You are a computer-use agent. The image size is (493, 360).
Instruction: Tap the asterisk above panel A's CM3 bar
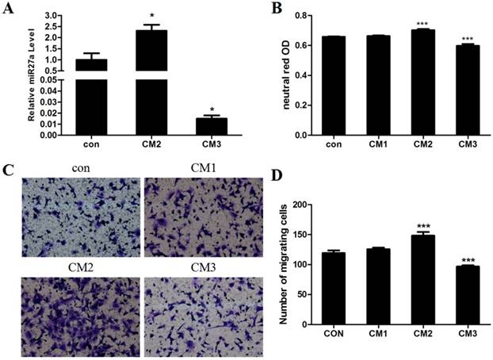[211, 109]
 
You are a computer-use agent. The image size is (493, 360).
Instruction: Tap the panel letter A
[10, 9]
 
